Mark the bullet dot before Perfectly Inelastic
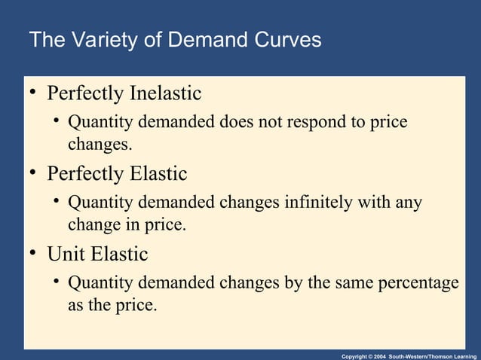[x=33, y=94]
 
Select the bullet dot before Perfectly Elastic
[x=33, y=174]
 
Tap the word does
[x=236, y=122]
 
